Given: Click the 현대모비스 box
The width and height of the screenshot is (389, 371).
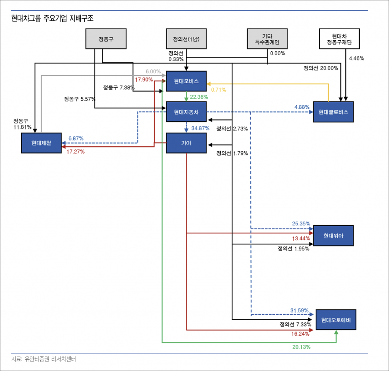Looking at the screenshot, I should (x=186, y=81).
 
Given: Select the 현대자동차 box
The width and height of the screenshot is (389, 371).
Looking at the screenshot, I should (x=186, y=112).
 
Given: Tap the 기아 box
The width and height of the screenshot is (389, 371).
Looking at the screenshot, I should (x=186, y=143).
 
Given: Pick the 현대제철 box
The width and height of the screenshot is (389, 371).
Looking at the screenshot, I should (x=41, y=143).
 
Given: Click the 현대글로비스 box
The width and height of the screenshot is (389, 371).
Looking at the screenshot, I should (x=334, y=112).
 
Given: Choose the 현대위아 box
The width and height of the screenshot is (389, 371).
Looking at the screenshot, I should (x=334, y=236).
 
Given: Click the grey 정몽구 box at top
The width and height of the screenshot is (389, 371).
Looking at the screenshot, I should (x=106, y=39).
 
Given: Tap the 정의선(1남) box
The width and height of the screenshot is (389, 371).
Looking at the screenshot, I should (x=186, y=39).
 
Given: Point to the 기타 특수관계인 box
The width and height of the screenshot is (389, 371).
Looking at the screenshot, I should (x=267, y=39).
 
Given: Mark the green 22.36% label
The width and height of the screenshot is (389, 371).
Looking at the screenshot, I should (x=199, y=97).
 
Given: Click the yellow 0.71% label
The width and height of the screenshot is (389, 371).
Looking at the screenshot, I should (x=218, y=90).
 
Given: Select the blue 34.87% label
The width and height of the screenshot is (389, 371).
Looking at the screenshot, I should (x=200, y=128).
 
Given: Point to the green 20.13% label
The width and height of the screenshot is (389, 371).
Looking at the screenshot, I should (x=302, y=347).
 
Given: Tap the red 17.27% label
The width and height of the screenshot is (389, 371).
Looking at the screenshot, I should (x=76, y=151).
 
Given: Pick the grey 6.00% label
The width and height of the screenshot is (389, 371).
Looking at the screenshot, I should (x=153, y=71).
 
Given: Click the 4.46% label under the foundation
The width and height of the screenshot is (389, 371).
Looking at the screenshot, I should (x=356, y=58).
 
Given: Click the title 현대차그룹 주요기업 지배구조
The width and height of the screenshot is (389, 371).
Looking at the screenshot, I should (x=52, y=18).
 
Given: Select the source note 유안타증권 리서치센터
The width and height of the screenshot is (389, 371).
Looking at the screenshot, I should (x=44, y=359).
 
